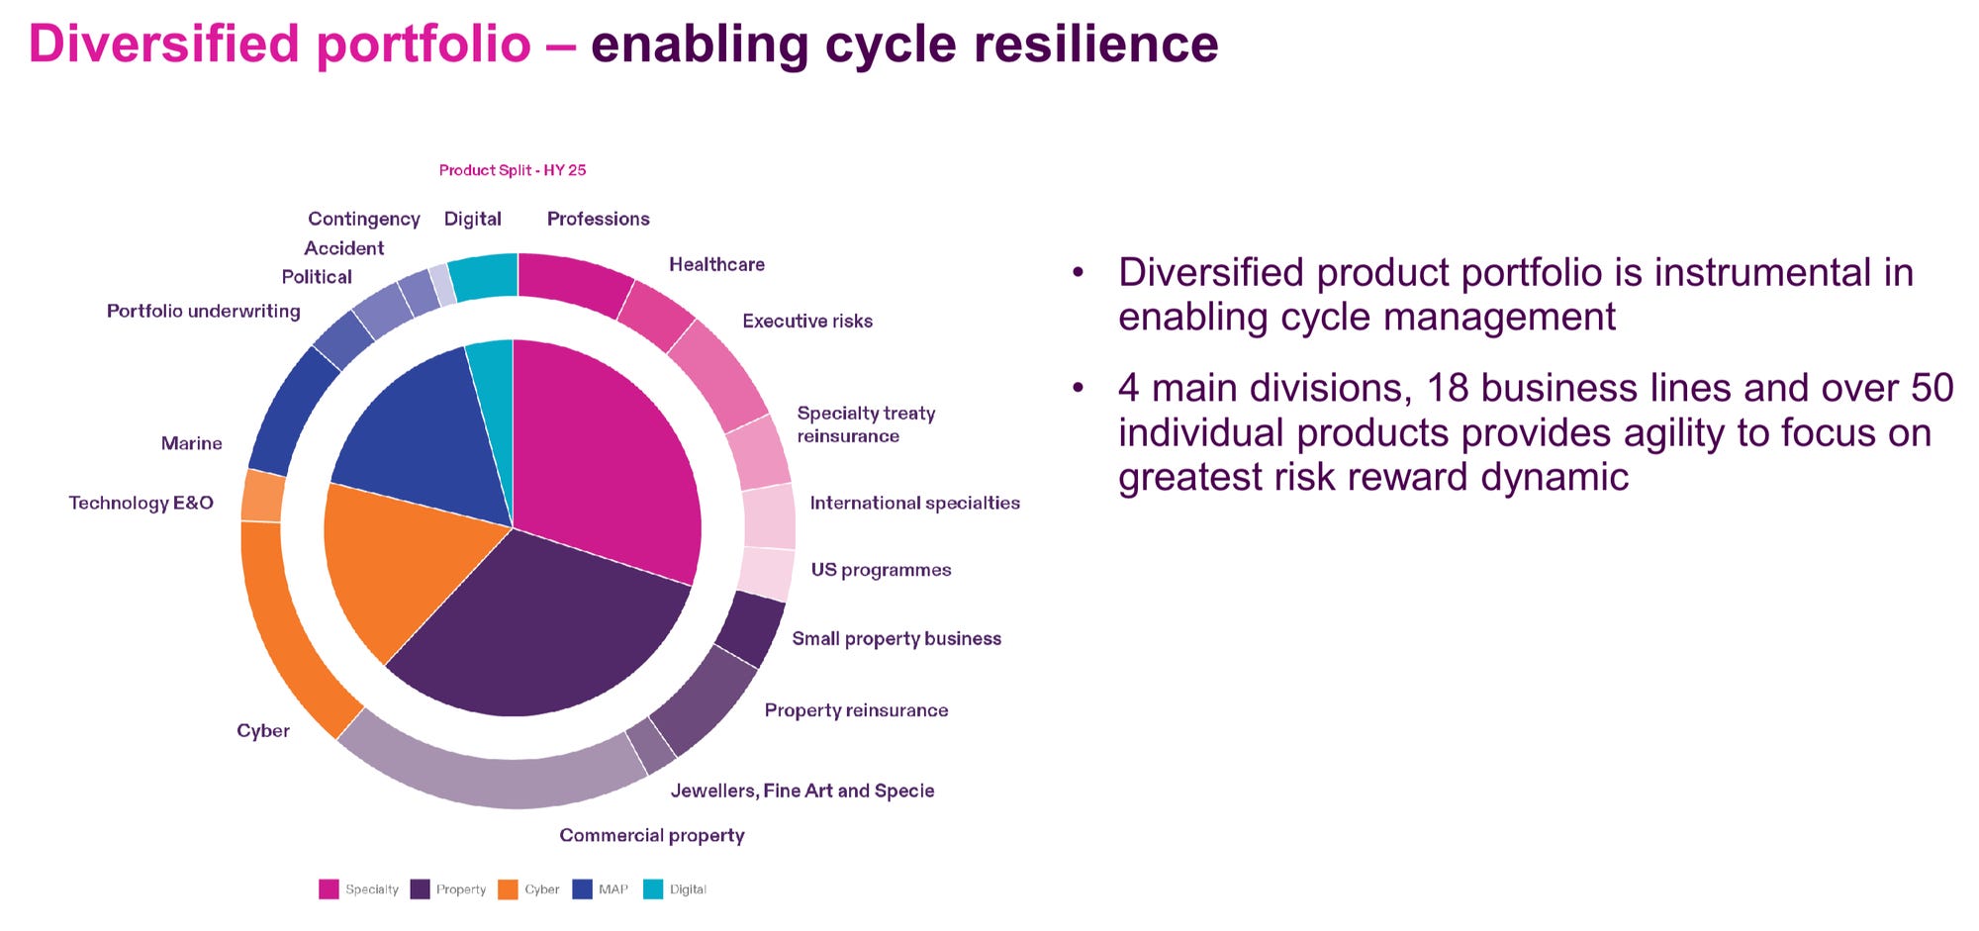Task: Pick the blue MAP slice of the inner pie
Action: pos(416,435)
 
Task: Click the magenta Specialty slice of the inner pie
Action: pos(604,455)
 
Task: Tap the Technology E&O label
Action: pos(141,503)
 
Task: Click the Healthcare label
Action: pos(716,264)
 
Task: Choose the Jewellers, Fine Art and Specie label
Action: pos(801,791)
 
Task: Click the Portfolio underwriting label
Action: pos(203,311)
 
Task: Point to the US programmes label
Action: pos(881,570)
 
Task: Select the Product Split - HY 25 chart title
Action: pos(512,170)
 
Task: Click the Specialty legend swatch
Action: pos(329,889)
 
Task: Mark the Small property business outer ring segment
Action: pos(750,628)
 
